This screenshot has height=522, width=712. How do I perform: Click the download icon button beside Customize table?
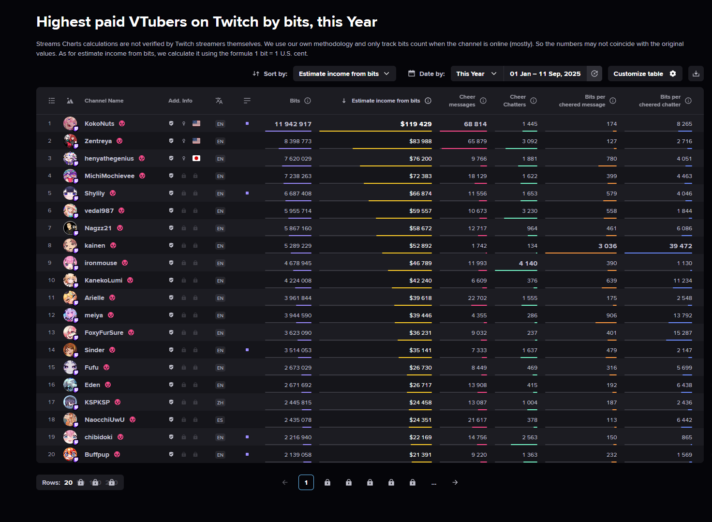(x=696, y=74)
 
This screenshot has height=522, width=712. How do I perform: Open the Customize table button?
(x=644, y=74)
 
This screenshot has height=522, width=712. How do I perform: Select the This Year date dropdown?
(x=476, y=74)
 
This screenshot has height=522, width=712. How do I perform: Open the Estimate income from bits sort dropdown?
(x=344, y=74)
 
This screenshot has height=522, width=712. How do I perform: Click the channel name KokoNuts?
(x=100, y=124)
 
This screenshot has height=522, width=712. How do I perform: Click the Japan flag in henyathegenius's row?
(x=196, y=158)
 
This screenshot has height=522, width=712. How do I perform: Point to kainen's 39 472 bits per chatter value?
(x=680, y=246)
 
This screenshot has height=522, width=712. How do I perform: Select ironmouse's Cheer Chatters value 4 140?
(x=528, y=263)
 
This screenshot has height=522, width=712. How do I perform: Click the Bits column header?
(x=295, y=101)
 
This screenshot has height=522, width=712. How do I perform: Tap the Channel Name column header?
(x=104, y=101)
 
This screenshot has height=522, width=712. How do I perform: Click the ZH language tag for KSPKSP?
(x=220, y=403)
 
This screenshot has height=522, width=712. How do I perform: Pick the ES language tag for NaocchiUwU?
(x=220, y=420)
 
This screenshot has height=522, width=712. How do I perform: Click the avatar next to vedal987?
(x=70, y=210)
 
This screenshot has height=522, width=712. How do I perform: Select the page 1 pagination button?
(x=306, y=482)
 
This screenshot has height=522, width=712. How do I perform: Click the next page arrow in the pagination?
(x=455, y=482)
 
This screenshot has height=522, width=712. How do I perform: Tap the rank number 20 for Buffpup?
(x=51, y=454)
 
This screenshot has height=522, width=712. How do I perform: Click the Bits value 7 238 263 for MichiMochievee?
(x=297, y=176)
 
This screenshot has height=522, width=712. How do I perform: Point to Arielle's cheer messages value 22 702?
(x=477, y=298)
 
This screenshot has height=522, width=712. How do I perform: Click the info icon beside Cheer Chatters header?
(x=534, y=101)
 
